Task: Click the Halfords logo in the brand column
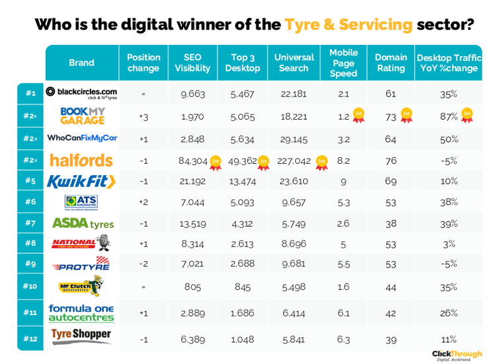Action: [82, 161]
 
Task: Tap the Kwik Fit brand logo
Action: [82, 181]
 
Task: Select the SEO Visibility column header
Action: [192, 63]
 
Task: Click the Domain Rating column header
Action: [390, 63]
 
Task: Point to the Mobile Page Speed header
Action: [343, 63]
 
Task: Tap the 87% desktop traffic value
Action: [449, 116]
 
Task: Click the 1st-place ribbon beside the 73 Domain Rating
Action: [406, 116]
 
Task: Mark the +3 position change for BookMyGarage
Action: [144, 117]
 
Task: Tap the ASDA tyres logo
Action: [82, 223]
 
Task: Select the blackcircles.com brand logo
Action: [82, 93]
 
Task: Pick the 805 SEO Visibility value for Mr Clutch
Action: [192, 287]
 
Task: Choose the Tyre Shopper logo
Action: [82, 335]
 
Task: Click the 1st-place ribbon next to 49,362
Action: [263, 162]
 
